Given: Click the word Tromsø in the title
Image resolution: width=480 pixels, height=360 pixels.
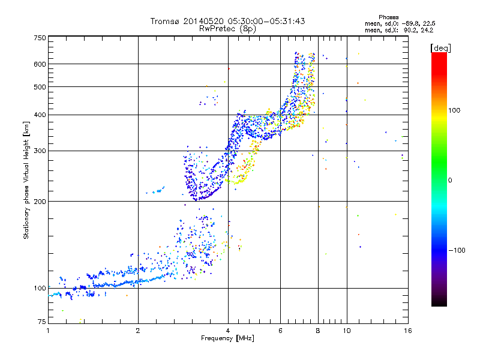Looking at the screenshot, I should coord(164,21).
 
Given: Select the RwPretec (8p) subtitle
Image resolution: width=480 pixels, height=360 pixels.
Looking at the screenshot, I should coord(227,28).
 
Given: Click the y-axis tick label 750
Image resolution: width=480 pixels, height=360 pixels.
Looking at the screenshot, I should coord(40,38).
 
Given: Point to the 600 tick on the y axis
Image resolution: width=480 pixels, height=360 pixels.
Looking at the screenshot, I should coord(40,64).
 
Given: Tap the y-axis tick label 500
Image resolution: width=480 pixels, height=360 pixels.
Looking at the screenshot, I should coord(40,87).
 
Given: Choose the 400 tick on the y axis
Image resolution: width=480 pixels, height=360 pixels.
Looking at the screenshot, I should coord(40,115).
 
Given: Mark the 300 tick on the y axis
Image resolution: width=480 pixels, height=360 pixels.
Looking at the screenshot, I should coord(40,151).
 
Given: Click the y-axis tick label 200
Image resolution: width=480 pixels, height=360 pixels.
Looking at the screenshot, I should coord(40,201).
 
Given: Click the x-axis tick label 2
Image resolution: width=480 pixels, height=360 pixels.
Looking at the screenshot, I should coord(138,331).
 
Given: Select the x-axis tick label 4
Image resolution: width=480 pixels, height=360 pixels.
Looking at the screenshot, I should coord(228,331).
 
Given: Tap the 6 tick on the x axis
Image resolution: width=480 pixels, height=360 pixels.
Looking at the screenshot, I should coord(281,331).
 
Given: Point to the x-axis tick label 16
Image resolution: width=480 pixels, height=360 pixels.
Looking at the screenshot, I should coord(407,331).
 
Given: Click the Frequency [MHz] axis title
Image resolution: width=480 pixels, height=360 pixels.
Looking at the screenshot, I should coord(227,339).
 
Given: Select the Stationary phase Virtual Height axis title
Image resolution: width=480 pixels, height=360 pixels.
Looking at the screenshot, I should coord(26,180).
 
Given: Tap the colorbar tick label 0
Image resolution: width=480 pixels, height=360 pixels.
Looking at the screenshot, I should coord(450,180).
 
